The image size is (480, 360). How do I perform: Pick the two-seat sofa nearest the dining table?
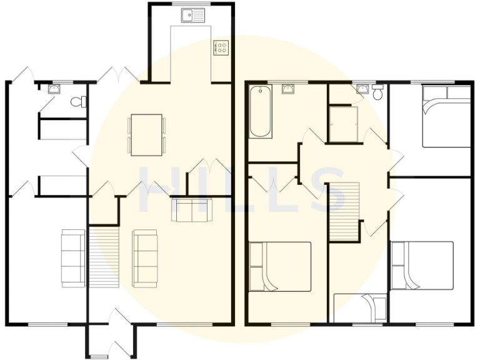pos(191,210)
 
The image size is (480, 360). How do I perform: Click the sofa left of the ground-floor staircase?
pos(72,257)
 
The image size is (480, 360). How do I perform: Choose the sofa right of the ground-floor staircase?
pos(145,257)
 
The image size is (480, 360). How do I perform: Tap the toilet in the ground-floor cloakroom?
pos(78,102)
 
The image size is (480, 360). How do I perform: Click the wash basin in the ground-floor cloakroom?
pos(55,88)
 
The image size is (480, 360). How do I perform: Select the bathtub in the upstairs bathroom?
pos(261,112)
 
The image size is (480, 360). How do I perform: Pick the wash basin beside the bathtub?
pos(288,89)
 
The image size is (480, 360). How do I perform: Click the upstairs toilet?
pos(377,93)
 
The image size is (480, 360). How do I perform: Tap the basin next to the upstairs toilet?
pos(362,89)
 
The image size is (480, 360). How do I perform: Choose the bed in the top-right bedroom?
pos(446,116)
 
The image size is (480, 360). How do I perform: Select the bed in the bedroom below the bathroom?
pos(280,267)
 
